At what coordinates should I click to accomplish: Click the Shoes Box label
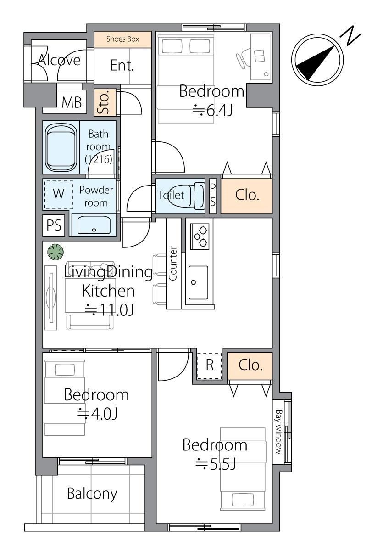point(122,39)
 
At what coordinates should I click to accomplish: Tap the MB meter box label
point(72,102)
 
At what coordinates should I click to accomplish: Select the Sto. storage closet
point(105,102)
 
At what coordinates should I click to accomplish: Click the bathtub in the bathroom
point(61,147)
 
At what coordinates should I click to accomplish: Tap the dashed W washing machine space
point(58,195)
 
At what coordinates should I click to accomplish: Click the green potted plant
point(56,252)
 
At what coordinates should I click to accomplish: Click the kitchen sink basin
point(198,283)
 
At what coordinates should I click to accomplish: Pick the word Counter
point(173,264)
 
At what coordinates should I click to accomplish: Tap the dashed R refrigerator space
point(210,366)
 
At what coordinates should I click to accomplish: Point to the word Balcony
point(92,494)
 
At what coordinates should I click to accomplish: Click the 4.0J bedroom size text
point(97,414)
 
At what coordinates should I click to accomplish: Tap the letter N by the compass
point(350,36)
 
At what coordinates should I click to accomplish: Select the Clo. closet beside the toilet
point(246,196)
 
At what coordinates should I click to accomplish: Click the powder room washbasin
point(94,225)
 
